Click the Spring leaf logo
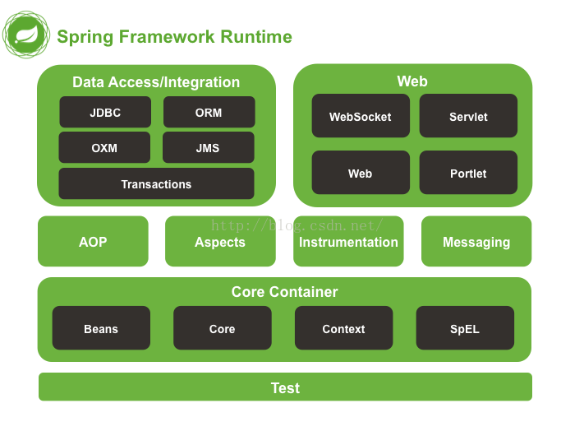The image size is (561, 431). click(x=26, y=35)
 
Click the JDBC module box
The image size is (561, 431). click(x=105, y=113)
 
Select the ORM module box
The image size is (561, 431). click(x=209, y=113)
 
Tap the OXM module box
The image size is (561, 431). click(x=104, y=148)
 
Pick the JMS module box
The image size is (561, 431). click(x=208, y=148)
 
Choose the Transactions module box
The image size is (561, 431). click(x=156, y=184)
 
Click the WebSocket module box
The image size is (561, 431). click(x=360, y=117)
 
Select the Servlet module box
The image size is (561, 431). click(x=468, y=117)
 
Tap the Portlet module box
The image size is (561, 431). click(x=468, y=173)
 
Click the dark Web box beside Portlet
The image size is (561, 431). click(x=360, y=173)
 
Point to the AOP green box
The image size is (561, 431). click(x=93, y=242)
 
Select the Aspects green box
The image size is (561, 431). click(x=220, y=242)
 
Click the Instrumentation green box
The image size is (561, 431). click(x=348, y=242)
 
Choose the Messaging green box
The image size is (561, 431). click(x=476, y=242)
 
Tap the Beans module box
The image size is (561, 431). click(x=101, y=328)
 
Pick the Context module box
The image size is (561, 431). click(x=343, y=328)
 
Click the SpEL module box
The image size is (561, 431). click(x=465, y=328)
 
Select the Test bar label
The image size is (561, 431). click(x=285, y=387)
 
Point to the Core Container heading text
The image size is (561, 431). click(x=284, y=292)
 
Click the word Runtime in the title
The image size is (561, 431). click(x=255, y=37)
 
